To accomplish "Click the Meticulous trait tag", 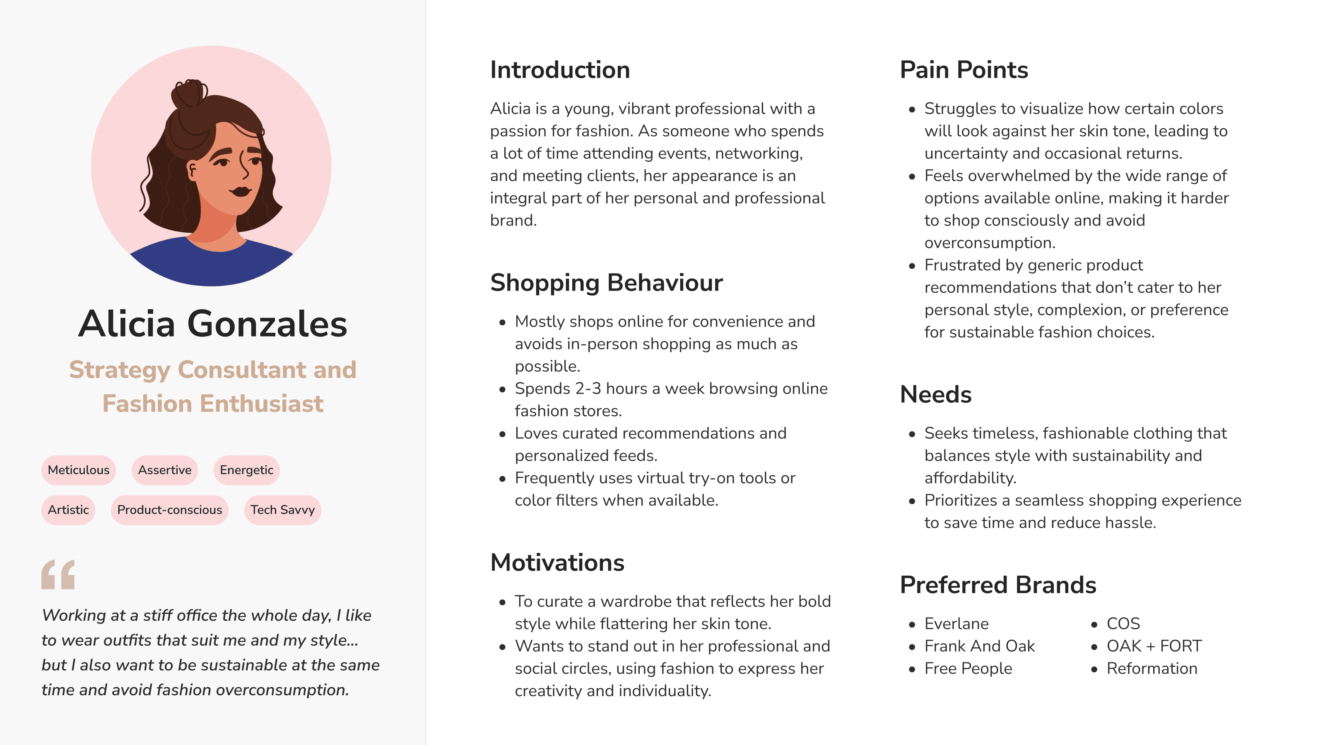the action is point(79,470).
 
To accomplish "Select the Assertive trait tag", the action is point(165,470).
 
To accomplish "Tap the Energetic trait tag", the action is point(246,470).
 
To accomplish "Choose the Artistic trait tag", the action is point(68,510).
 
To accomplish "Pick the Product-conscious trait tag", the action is point(170,510).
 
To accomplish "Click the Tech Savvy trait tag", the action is point(282,510).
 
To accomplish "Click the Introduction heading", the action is point(560,70).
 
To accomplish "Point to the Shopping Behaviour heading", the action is point(607,283).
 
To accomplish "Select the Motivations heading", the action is point(557,562).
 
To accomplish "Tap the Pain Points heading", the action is point(964,70).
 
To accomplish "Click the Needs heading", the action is point(936,395).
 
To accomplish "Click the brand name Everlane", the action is point(956,624).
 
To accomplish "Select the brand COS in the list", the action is point(1123,624).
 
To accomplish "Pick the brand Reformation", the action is point(1152,668).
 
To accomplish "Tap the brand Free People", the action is point(968,668).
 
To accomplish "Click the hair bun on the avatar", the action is point(189,94).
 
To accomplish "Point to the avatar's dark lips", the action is point(240,191).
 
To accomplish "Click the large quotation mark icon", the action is point(58,574).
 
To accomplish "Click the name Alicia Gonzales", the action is point(212,324).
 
